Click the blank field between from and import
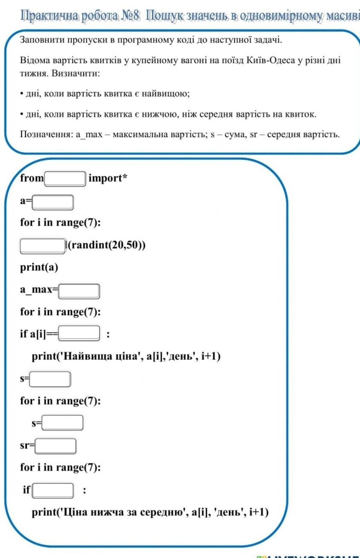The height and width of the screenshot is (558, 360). click(65, 179)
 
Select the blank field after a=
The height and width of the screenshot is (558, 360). click(53, 202)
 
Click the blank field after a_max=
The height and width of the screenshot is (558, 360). click(79, 291)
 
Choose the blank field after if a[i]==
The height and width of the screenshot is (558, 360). click(79, 333)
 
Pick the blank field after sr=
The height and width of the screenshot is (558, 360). click(55, 446)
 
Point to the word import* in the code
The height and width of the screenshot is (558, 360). click(108, 178)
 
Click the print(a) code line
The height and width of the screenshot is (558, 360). click(39, 267)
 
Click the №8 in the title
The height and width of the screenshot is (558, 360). click(131, 15)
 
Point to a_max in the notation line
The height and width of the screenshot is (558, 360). click(89, 134)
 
